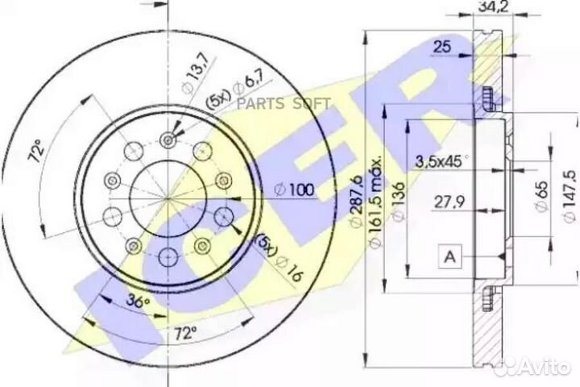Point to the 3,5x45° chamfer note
click(x=442, y=160)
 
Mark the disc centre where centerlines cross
click(x=168, y=198)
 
